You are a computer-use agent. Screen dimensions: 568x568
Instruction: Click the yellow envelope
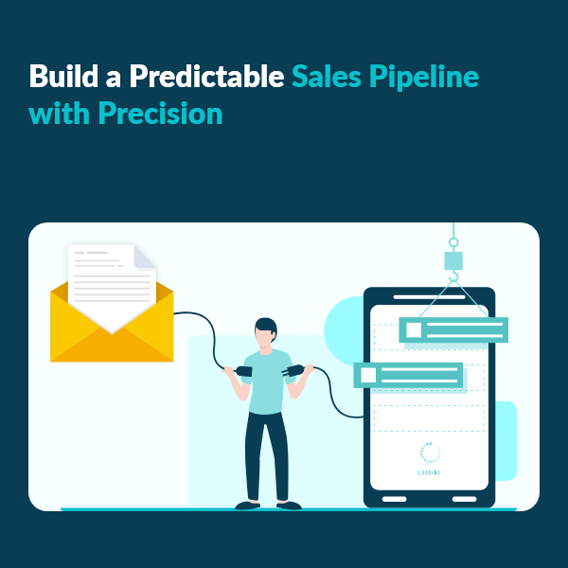pos(112,331)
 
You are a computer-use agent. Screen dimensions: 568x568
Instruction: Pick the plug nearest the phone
pos(293,369)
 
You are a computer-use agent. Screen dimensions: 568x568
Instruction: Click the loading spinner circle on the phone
pos(429,453)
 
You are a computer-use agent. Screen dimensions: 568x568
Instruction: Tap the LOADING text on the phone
pos(429,472)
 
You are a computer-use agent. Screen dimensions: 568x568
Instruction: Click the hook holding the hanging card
pos(453,276)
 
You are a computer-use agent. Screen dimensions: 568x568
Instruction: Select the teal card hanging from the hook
pos(453,329)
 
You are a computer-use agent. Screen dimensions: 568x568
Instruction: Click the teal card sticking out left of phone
pos(407,375)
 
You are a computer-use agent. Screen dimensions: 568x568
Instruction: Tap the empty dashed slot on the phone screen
pos(428,417)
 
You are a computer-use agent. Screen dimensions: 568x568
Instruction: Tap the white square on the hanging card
pos(413,329)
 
